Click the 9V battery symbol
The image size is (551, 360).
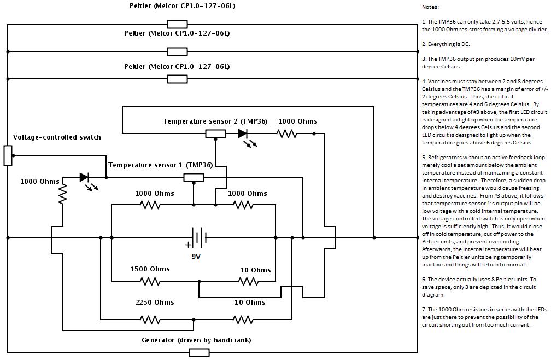pos(198,237)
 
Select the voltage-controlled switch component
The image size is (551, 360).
pos(8,155)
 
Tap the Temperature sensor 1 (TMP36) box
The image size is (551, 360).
pos(194,177)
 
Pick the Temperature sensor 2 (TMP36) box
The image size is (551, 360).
pos(215,133)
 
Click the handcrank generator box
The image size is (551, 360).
pos(199,352)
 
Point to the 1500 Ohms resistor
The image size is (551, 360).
pos(150,281)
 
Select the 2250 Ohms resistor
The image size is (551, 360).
pos(150,320)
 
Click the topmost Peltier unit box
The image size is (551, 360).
pos(177,24)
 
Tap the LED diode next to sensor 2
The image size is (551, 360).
pos(243,133)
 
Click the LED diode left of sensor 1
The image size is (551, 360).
pos(84,177)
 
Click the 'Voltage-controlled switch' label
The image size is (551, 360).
pos(57,137)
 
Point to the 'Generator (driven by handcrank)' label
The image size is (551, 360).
pos(196,340)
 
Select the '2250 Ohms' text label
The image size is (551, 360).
pos(155,303)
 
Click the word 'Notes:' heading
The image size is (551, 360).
pos(430,7)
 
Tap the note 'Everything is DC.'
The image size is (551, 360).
pos(446,44)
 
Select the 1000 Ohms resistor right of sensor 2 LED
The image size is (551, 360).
pos(286,133)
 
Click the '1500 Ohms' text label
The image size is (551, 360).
pos(150,269)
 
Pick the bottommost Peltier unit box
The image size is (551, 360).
pos(177,79)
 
